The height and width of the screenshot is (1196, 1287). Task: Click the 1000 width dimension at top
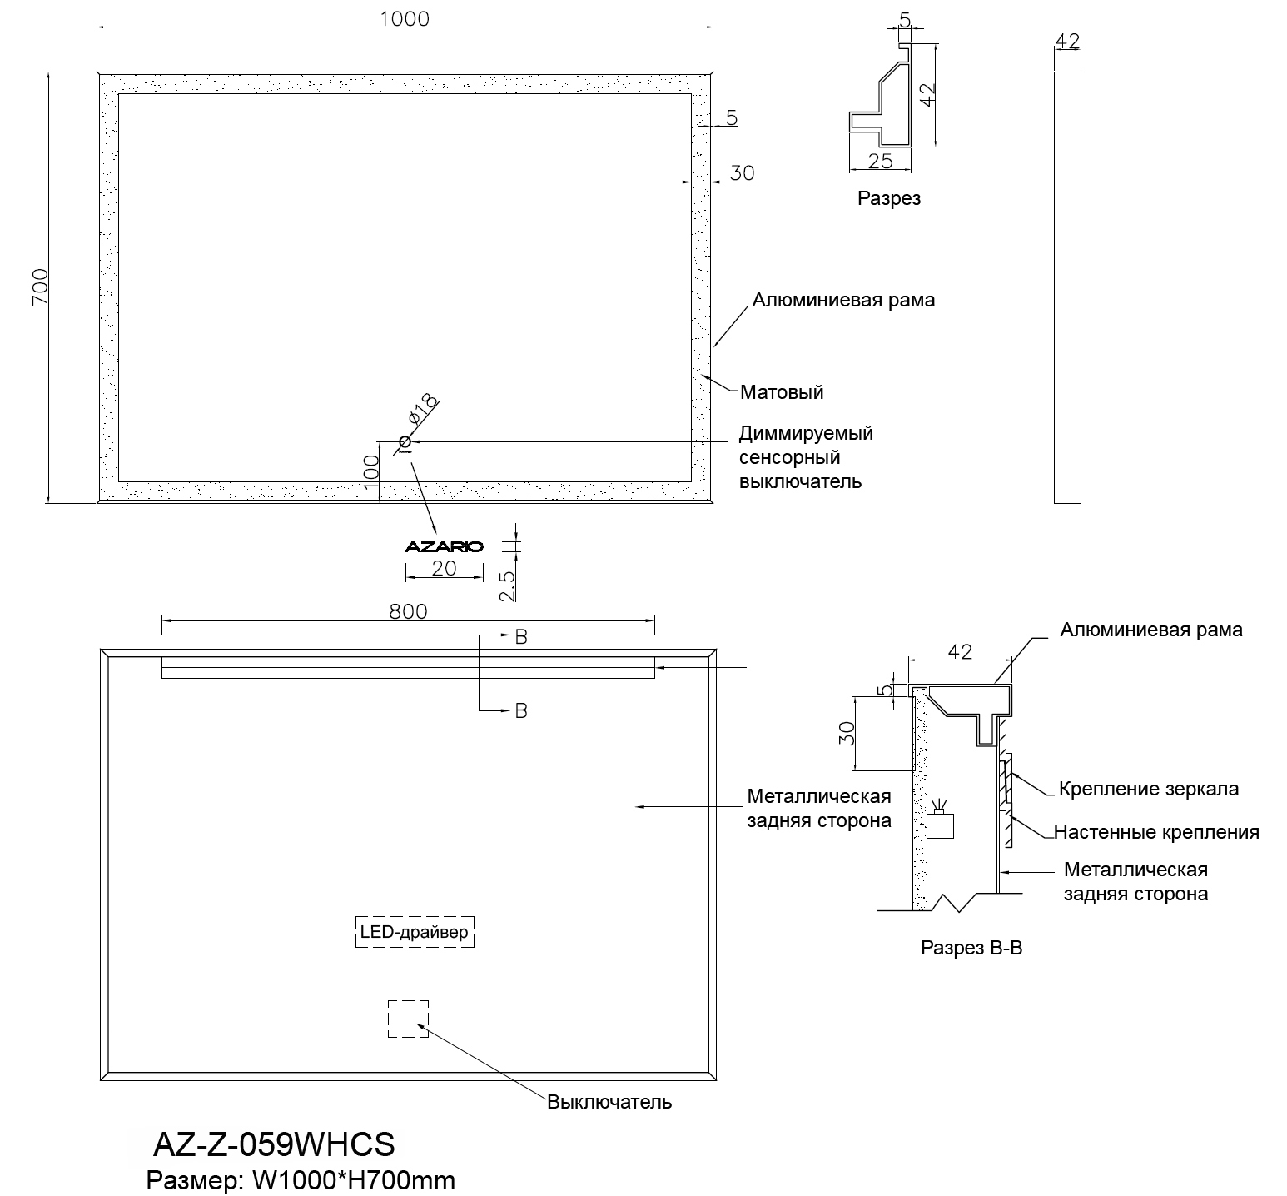(405, 17)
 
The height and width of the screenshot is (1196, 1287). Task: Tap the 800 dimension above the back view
(408, 611)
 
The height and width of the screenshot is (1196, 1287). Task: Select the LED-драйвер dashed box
(414, 932)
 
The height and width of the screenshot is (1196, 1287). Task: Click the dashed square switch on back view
(408, 1019)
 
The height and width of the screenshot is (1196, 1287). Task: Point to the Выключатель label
(609, 1102)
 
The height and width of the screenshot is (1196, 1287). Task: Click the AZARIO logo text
(444, 547)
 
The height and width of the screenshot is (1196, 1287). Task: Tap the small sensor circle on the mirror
(405, 441)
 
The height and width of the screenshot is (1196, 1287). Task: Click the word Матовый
(781, 391)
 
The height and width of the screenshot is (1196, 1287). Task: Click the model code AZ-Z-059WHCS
(274, 1145)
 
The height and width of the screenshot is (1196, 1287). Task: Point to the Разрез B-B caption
(971, 948)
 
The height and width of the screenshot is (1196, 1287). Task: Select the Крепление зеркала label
(1148, 789)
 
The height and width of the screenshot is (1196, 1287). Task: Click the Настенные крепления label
(1156, 832)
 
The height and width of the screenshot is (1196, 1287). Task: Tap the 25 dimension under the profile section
(879, 161)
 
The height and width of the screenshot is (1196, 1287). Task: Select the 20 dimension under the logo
(444, 568)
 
